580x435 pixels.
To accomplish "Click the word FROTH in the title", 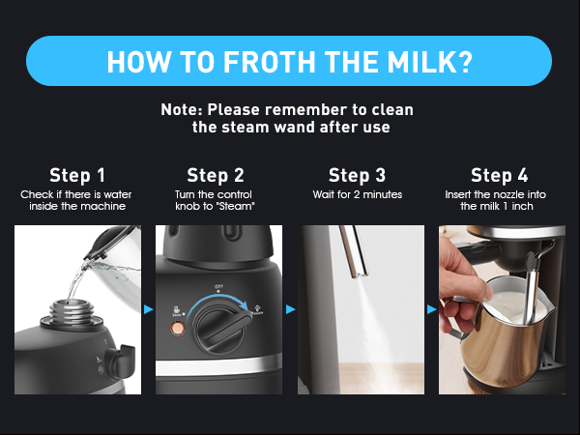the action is [269, 62].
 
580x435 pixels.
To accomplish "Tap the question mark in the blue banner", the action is [464, 62].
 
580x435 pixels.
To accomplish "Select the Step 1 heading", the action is [77, 175].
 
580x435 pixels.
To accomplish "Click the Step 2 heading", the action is [216, 175].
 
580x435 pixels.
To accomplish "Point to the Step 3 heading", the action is [357, 175].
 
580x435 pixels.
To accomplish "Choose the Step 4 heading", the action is [500, 175].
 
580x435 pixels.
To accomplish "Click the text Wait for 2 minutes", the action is [358, 194].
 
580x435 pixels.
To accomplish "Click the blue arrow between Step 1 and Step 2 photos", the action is [148, 309].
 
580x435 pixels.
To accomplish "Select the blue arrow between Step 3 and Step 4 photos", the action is [432, 309].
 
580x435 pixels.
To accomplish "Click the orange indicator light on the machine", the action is [178, 329].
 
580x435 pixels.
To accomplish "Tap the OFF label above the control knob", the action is [218, 287].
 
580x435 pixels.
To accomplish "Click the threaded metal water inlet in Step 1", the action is [71, 312].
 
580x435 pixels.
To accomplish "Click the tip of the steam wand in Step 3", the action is [360, 275].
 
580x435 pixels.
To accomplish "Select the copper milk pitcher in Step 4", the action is [507, 333].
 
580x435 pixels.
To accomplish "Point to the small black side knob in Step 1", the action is [120, 361].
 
